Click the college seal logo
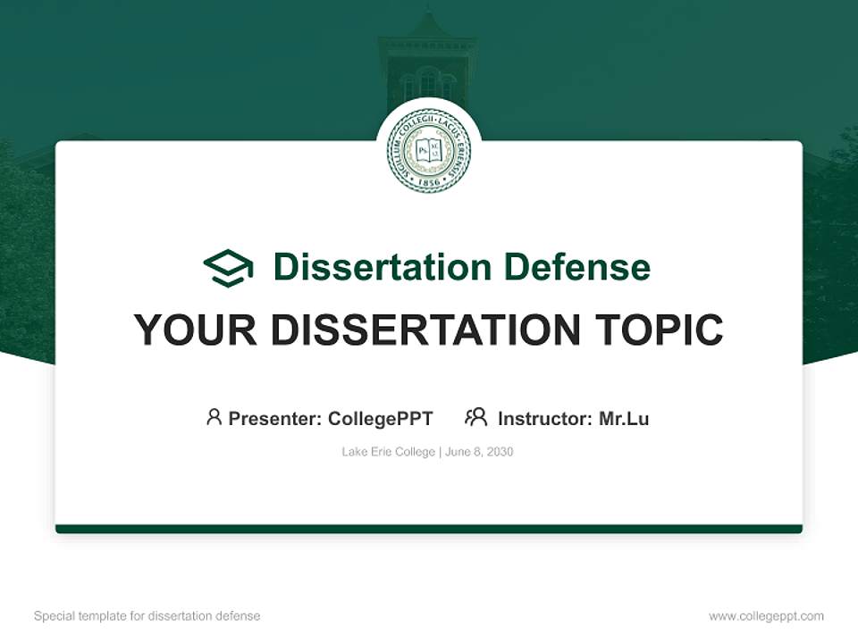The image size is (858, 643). [x=429, y=150]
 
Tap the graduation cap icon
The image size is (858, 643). [x=228, y=268]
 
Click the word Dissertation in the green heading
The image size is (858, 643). [x=383, y=267]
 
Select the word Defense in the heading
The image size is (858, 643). [x=577, y=267]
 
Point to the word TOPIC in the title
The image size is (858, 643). [x=660, y=330]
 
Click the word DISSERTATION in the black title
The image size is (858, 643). [x=425, y=330]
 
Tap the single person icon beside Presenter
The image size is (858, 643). [x=214, y=417]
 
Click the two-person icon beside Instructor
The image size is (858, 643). [x=476, y=417]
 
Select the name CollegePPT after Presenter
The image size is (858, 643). [x=381, y=419]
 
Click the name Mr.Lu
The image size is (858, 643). [x=624, y=419]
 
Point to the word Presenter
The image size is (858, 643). [x=274, y=419]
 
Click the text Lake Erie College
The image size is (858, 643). [x=388, y=452]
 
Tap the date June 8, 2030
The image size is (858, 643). [x=479, y=452]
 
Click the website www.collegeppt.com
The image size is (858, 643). [x=766, y=616]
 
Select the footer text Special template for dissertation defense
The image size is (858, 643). [x=147, y=616]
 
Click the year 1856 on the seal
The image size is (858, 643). [x=428, y=181]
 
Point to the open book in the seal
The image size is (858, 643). [x=428, y=150]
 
